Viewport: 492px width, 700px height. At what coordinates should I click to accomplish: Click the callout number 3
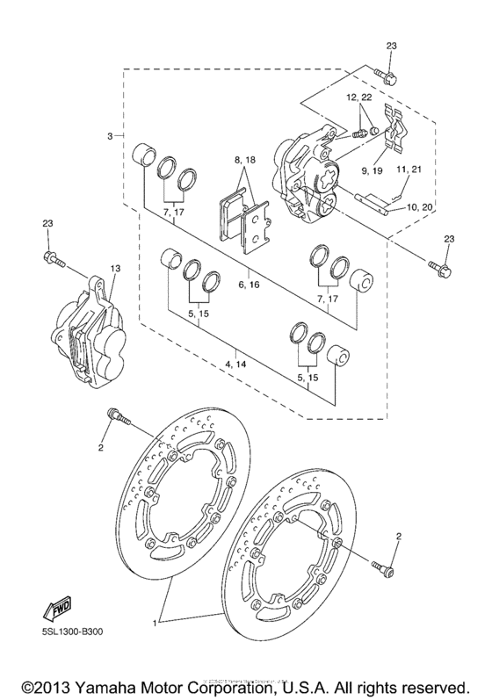[110, 136]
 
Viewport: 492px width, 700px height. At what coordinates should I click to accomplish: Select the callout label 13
[114, 268]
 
